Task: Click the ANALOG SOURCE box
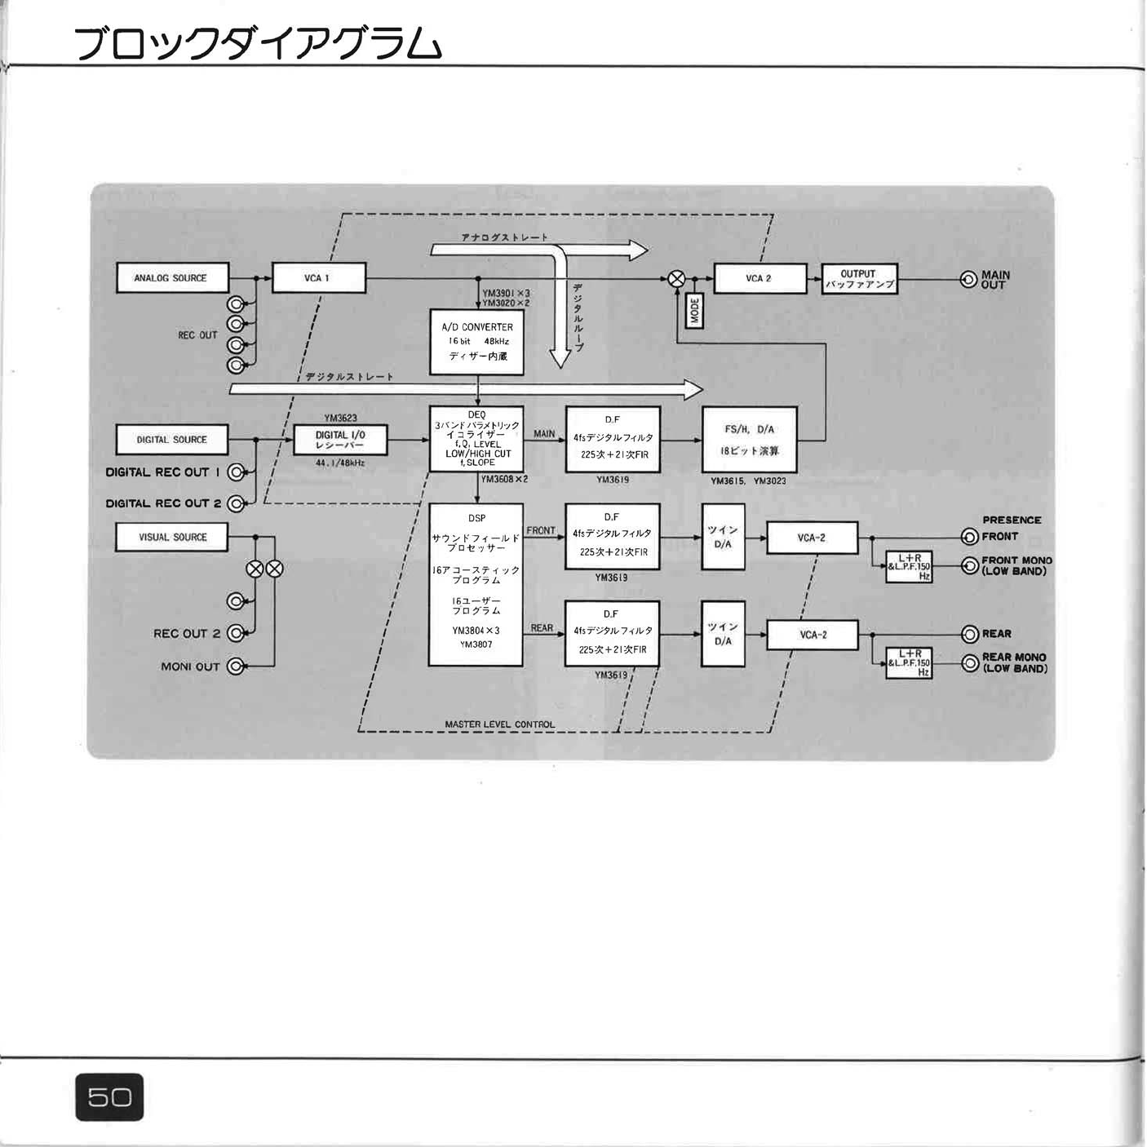tap(172, 278)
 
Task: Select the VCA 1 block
tap(318, 278)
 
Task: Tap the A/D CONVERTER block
tap(477, 341)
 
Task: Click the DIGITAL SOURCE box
tap(172, 440)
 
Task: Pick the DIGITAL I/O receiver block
tap(340, 441)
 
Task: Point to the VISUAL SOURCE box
tap(172, 538)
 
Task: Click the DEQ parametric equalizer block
tap(477, 439)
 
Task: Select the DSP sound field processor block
tap(476, 583)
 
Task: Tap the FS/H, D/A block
tap(750, 440)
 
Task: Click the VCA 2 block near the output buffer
tap(759, 278)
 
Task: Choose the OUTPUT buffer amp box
tap(858, 279)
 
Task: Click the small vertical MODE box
tap(694, 311)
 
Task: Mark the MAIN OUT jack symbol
tap(969, 280)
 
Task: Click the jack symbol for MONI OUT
tap(235, 666)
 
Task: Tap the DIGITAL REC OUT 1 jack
tap(236, 472)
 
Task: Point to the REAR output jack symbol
tap(970, 634)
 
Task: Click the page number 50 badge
tap(109, 1096)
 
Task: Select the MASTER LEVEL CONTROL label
tap(499, 724)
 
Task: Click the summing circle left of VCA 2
tap(676, 279)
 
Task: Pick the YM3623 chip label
tap(340, 418)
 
